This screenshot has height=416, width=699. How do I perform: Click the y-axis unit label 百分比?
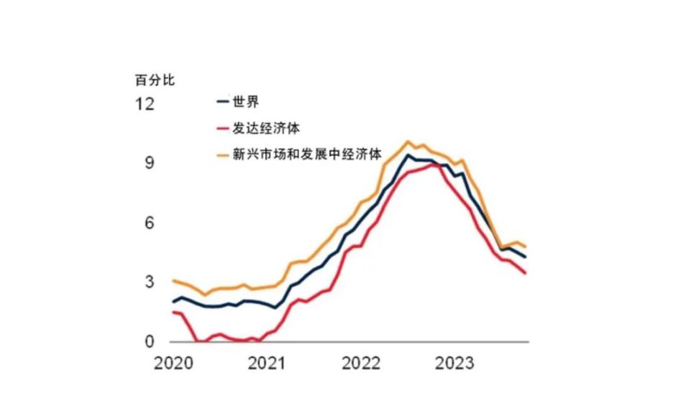[155, 80]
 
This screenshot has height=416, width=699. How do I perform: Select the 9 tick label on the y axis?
[149, 164]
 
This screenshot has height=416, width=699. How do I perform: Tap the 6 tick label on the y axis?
[149, 223]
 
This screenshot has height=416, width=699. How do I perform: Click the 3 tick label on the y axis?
[149, 282]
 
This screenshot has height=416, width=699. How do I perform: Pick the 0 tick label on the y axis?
[149, 342]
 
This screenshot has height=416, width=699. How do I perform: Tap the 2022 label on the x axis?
[361, 364]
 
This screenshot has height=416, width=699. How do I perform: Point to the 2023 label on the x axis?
[455, 364]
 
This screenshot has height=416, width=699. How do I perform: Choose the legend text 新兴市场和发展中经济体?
[305, 154]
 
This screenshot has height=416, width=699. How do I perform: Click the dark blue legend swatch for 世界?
[223, 101]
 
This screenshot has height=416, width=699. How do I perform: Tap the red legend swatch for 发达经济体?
[223, 129]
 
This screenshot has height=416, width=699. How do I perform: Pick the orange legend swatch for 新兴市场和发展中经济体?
[223, 154]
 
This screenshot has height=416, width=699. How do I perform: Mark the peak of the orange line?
[408, 142]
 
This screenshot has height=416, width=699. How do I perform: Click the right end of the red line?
[526, 273]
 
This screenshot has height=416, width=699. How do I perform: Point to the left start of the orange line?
[173, 280]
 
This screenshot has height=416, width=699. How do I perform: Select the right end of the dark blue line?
[526, 257]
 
